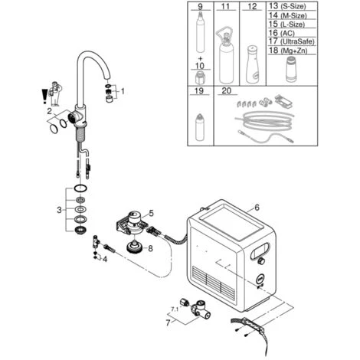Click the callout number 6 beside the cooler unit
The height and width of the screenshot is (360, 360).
pyautogui.click(x=257, y=208)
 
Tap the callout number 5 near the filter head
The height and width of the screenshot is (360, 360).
pyautogui.click(x=152, y=213)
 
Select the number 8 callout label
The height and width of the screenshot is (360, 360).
pyautogui.click(x=150, y=248)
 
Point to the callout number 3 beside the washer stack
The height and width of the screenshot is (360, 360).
pyautogui.click(x=59, y=210)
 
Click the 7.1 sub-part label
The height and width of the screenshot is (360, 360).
pyautogui.click(x=175, y=309)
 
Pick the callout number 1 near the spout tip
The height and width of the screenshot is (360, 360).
pyautogui.click(x=123, y=91)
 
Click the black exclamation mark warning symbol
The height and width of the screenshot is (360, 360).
pyautogui.click(x=44, y=96)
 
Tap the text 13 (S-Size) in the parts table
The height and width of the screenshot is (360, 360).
pyautogui.click(x=287, y=6)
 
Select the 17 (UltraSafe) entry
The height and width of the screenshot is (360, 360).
pyautogui.click(x=291, y=41)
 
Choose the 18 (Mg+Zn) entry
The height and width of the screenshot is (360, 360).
pyautogui.click(x=288, y=50)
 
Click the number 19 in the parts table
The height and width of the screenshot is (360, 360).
pyautogui.click(x=199, y=91)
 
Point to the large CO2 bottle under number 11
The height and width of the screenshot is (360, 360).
pyautogui.click(x=226, y=56)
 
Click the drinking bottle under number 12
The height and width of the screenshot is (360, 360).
pyautogui.click(x=252, y=65)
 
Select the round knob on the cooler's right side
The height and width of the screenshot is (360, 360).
pyautogui.click(x=261, y=261)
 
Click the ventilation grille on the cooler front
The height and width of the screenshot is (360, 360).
pyautogui.click(x=213, y=282)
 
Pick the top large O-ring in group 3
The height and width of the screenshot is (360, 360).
pyautogui.click(x=80, y=188)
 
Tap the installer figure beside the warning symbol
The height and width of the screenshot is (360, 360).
pyautogui.click(x=55, y=93)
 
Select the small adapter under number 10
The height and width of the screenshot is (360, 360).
pyautogui.click(x=200, y=77)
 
